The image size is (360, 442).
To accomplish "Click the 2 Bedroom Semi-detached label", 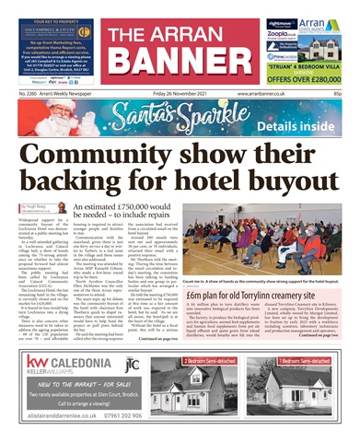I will tap(214, 361).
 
